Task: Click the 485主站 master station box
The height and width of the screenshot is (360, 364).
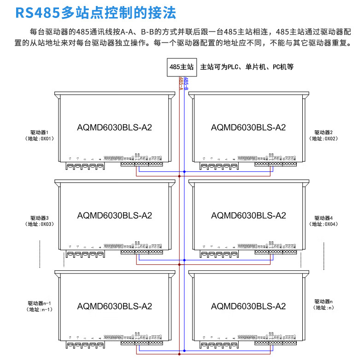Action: point(181,67)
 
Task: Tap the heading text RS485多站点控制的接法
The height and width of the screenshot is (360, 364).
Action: point(96,12)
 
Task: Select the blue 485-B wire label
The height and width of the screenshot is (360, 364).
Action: point(186,83)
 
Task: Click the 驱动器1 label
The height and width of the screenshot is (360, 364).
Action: point(40,132)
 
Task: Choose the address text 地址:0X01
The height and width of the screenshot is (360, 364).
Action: point(40,138)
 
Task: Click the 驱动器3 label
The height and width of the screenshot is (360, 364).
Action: point(40,218)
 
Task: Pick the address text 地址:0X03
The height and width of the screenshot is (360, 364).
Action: point(40,224)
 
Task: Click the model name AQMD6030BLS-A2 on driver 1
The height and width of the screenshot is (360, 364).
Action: point(115,128)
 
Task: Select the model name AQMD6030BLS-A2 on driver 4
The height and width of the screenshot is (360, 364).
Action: point(248,215)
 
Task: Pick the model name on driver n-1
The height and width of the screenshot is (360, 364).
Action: point(115,306)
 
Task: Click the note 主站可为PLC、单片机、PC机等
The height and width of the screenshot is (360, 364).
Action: point(247,67)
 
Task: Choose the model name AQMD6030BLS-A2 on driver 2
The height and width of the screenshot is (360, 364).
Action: point(248,128)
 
